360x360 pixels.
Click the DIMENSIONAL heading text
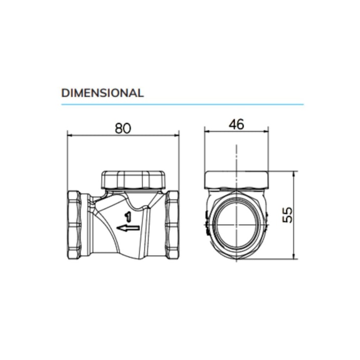(x=103, y=93)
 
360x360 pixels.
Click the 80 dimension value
(x=123, y=128)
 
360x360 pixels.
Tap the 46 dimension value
(x=237, y=124)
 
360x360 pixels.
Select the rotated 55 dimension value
(x=288, y=215)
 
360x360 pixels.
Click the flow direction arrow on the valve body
(x=128, y=228)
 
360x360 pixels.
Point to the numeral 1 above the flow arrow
(x=128, y=217)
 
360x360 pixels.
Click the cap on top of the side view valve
(x=133, y=180)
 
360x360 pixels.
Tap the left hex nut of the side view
(x=74, y=225)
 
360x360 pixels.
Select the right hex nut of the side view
(x=173, y=225)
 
